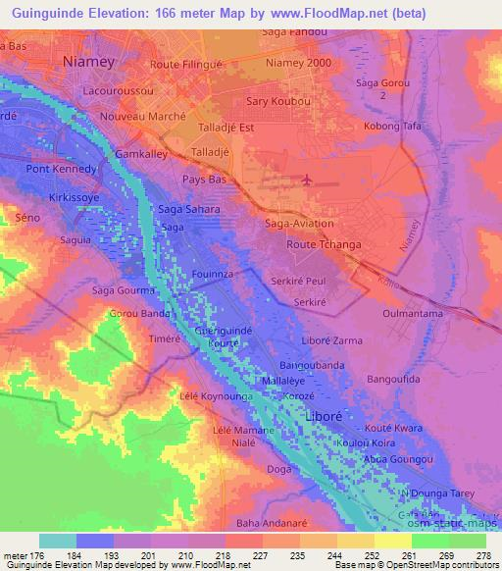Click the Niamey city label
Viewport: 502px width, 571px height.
coord(88,61)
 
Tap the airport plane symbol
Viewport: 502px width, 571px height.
coord(309,181)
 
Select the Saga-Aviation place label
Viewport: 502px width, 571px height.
coord(301,224)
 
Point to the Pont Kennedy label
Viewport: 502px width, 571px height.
coord(62,169)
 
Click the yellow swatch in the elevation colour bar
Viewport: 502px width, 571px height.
coord(393,541)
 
